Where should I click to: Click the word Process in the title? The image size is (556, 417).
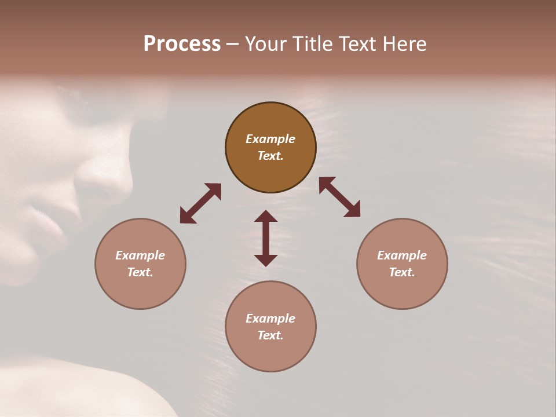pos(182,44)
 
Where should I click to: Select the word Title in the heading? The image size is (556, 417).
pos(313,44)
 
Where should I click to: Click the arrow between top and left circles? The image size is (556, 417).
pos(200,203)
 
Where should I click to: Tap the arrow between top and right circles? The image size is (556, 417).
pos(339,197)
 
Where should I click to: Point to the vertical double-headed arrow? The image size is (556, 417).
pos(266,238)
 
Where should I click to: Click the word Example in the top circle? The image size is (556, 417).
pos(270,139)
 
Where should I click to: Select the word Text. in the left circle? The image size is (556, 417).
pos(140,272)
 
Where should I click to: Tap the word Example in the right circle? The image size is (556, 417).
pos(402,255)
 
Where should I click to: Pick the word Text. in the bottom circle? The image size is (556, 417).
pos(270,335)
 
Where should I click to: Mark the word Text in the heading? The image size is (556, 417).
pos(357,44)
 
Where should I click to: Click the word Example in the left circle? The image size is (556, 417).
pos(140,255)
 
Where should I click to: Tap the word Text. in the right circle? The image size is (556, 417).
pos(402,272)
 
